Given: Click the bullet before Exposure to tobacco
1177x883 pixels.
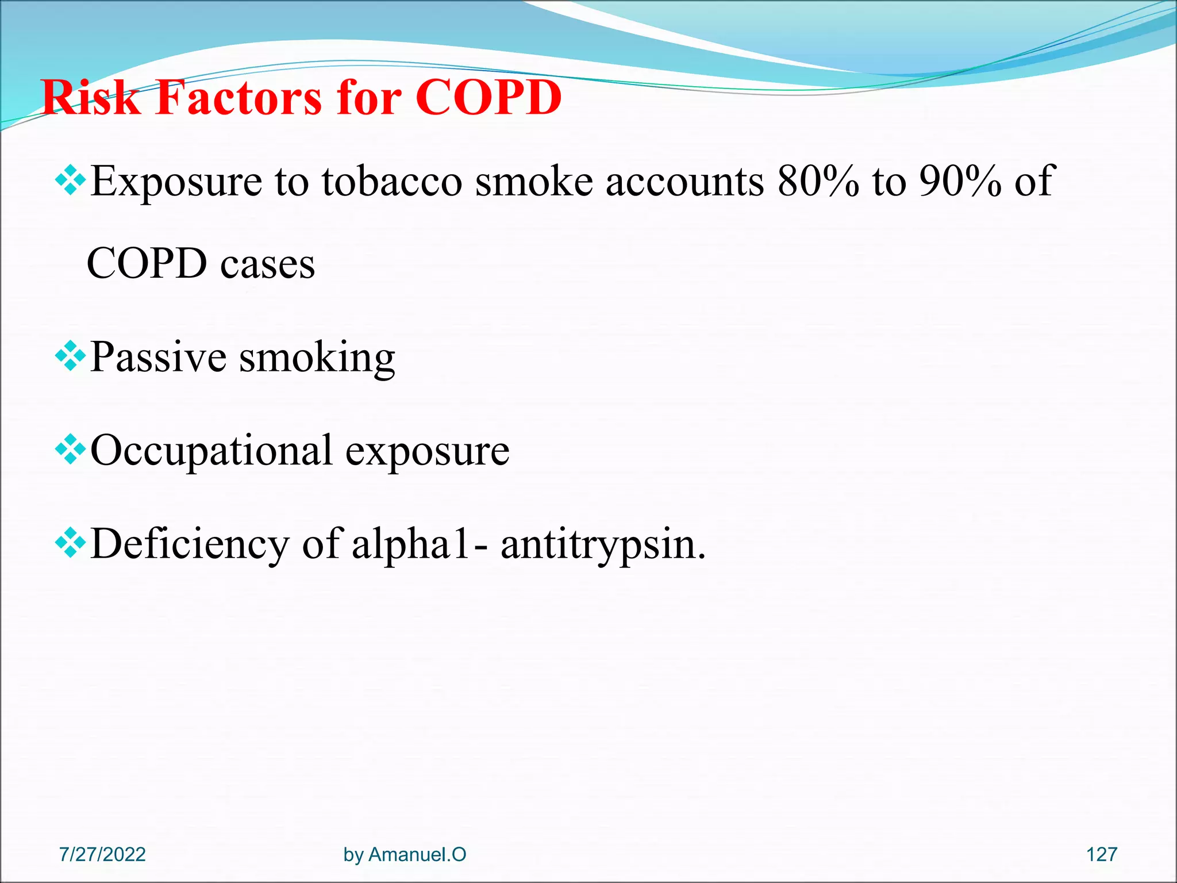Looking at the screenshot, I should point(70,181).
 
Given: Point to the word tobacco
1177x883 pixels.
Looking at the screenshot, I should point(392,182).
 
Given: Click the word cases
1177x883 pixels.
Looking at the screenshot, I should point(268,264).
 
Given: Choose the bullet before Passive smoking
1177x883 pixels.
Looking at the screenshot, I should point(70,357).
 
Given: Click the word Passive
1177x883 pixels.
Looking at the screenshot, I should point(158,358).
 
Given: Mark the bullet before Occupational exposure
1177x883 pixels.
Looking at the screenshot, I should point(70,450).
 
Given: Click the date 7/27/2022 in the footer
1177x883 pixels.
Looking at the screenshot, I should point(102,854).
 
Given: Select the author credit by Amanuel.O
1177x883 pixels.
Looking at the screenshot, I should point(405,854).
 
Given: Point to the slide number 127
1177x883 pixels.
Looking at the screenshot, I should point(1101,854).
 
